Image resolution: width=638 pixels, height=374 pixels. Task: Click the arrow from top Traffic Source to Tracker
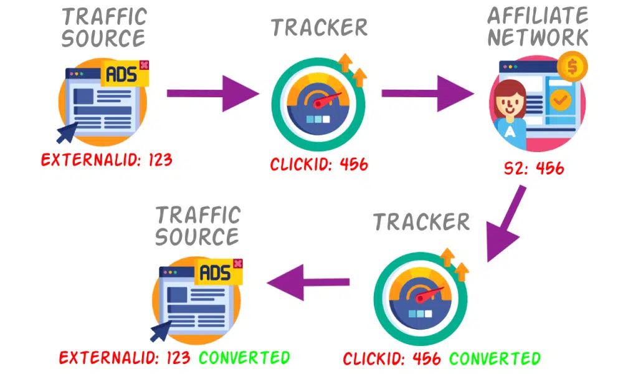212,94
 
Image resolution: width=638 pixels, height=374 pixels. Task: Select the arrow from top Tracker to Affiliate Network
427,94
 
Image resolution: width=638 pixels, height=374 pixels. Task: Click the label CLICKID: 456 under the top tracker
319,165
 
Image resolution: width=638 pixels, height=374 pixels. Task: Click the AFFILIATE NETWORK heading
538,26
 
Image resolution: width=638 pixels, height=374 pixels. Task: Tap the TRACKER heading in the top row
319,27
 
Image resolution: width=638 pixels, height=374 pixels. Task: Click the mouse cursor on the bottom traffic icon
160,328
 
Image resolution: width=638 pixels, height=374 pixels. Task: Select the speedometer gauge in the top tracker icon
318,103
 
